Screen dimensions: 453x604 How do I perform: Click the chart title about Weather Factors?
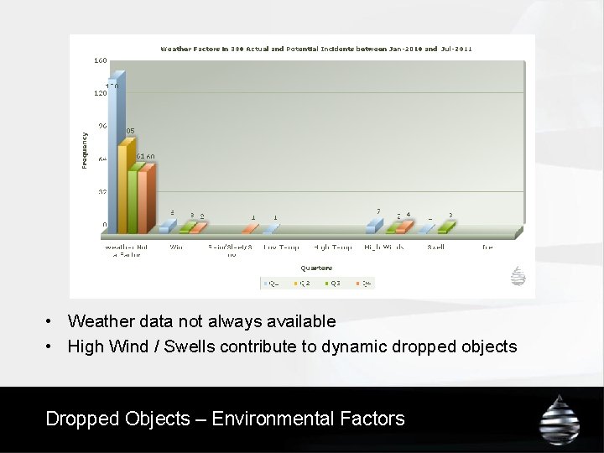(x=316, y=49)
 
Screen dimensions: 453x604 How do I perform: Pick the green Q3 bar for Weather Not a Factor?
(x=133, y=198)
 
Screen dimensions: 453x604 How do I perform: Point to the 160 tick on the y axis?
(x=100, y=60)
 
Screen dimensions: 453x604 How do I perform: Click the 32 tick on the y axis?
(x=102, y=192)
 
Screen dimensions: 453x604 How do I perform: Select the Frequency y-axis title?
(x=84, y=149)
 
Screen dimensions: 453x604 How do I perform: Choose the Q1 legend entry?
(x=272, y=284)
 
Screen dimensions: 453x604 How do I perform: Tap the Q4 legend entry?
(x=363, y=284)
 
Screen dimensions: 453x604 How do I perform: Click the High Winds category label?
(x=384, y=247)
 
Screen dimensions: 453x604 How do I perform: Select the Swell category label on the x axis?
(x=436, y=247)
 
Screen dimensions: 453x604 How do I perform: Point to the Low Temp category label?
(x=281, y=247)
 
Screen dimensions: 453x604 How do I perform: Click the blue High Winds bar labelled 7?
(x=372, y=226)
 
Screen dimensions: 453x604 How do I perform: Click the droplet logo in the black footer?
(x=559, y=418)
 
